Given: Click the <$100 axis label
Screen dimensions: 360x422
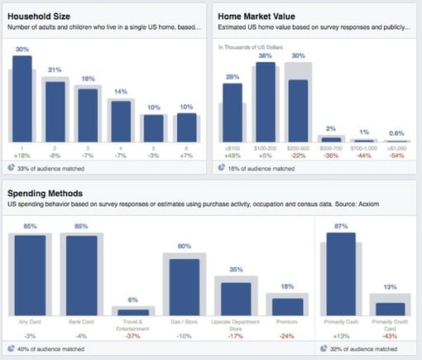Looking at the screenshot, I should (233, 146).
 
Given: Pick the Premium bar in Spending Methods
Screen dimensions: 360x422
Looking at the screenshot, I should (285, 306).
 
